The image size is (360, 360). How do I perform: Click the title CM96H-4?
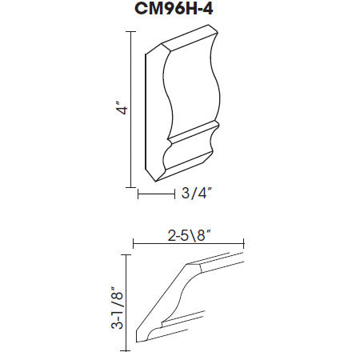[x=174, y=9]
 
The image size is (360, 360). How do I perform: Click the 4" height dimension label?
[x=122, y=107]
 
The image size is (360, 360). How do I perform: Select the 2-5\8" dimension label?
[x=189, y=236]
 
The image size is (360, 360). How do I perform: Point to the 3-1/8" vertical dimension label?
[x=117, y=308]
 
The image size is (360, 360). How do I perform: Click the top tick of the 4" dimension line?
[x=130, y=31]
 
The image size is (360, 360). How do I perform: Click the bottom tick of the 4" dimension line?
[x=130, y=187]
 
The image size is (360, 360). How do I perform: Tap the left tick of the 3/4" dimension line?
[x=138, y=194]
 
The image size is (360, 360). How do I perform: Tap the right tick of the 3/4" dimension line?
[x=174, y=194]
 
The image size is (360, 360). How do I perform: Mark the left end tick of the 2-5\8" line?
[x=133, y=243]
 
